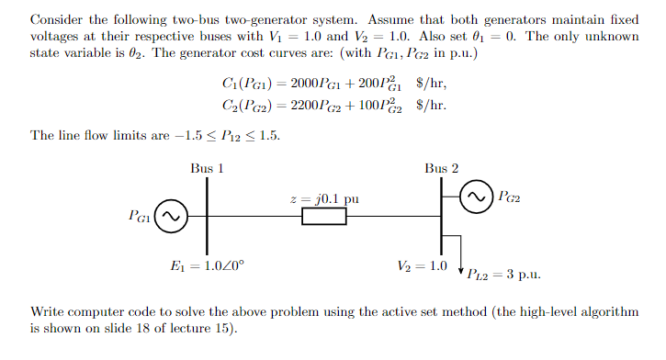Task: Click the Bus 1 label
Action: [x=207, y=168]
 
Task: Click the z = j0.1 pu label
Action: [x=324, y=198]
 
